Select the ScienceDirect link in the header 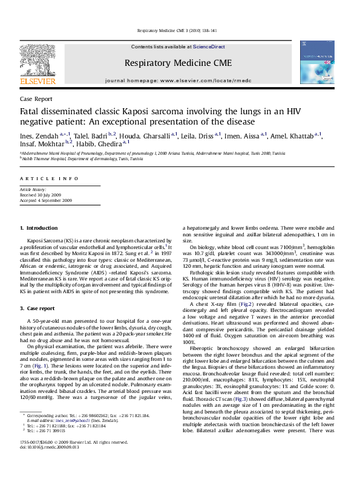coord(209,47)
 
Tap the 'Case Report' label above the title coord(36,99)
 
